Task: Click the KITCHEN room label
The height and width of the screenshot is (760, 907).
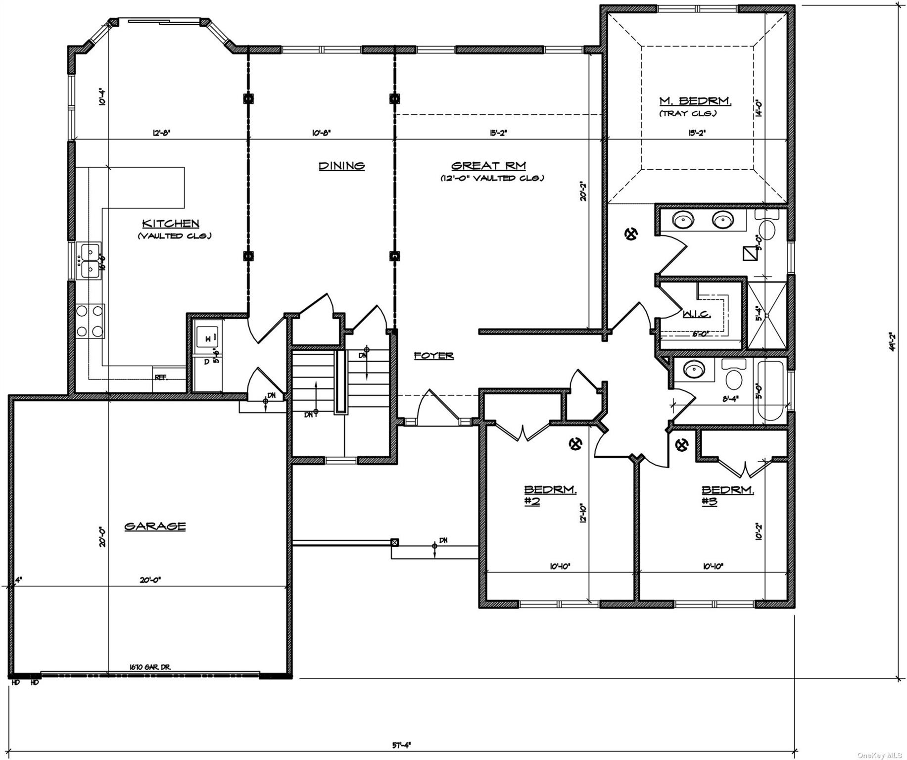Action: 171,224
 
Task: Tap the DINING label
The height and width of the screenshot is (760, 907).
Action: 341,166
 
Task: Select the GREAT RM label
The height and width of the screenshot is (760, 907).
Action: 488,166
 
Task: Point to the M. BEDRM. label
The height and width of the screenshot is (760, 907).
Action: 695,101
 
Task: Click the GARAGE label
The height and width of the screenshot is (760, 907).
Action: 155,526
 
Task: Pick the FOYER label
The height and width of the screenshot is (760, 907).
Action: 433,356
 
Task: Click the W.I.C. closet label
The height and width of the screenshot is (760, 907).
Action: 697,314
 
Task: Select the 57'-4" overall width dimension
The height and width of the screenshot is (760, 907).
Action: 402,744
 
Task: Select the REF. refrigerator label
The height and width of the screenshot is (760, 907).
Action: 160,377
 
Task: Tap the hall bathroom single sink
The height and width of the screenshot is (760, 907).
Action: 692,368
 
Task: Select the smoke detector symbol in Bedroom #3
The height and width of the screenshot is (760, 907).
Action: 682,445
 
